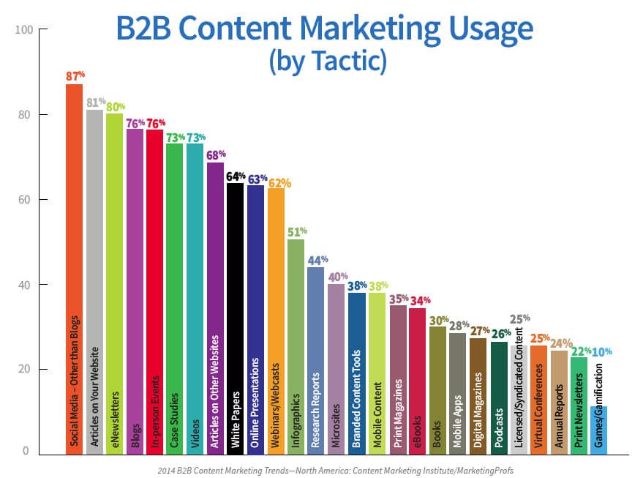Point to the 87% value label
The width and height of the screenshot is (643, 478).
[75, 75]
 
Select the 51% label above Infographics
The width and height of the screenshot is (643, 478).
[297, 231]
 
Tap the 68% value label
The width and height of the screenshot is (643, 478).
[216, 154]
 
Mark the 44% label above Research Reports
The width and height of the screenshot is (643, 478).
[317, 259]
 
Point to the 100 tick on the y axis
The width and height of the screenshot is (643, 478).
[24, 30]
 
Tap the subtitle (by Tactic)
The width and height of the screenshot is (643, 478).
[326, 62]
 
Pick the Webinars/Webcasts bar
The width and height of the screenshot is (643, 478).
[276, 321]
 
